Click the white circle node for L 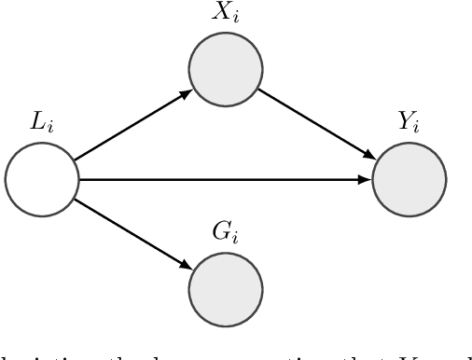coord(40,179)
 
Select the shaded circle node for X coord(224,68)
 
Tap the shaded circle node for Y coord(409,179)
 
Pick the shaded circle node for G coord(224,289)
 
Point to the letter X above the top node coord(219,13)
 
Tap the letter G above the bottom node coord(219,234)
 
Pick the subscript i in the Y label coord(416,129)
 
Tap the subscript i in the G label coord(233,239)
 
